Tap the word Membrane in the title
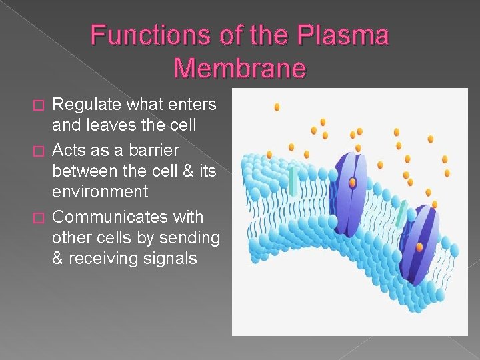[x=239, y=67]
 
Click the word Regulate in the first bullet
[x=86, y=104]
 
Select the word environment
[x=100, y=192]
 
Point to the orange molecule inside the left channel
[x=353, y=182]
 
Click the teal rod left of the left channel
[x=293, y=181]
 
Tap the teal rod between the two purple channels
[x=401, y=213]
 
